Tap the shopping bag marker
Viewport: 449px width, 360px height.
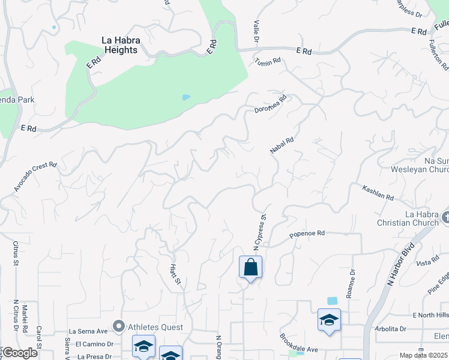tap(250, 268)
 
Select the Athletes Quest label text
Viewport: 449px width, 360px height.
tap(154, 327)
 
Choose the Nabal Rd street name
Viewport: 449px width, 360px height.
tap(281, 145)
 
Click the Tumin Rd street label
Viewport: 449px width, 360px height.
tap(268, 61)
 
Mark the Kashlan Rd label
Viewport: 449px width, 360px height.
tap(378, 193)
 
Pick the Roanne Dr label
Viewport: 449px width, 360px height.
tap(351, 284)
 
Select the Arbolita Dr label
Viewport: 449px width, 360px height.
tap(390, 329)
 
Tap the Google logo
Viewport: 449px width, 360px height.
tap(20, 353)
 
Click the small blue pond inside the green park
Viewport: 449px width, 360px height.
tap(186, 97)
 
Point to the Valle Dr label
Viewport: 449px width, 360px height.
tap(256, 32)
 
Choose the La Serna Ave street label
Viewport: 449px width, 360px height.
tap(88, 331)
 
